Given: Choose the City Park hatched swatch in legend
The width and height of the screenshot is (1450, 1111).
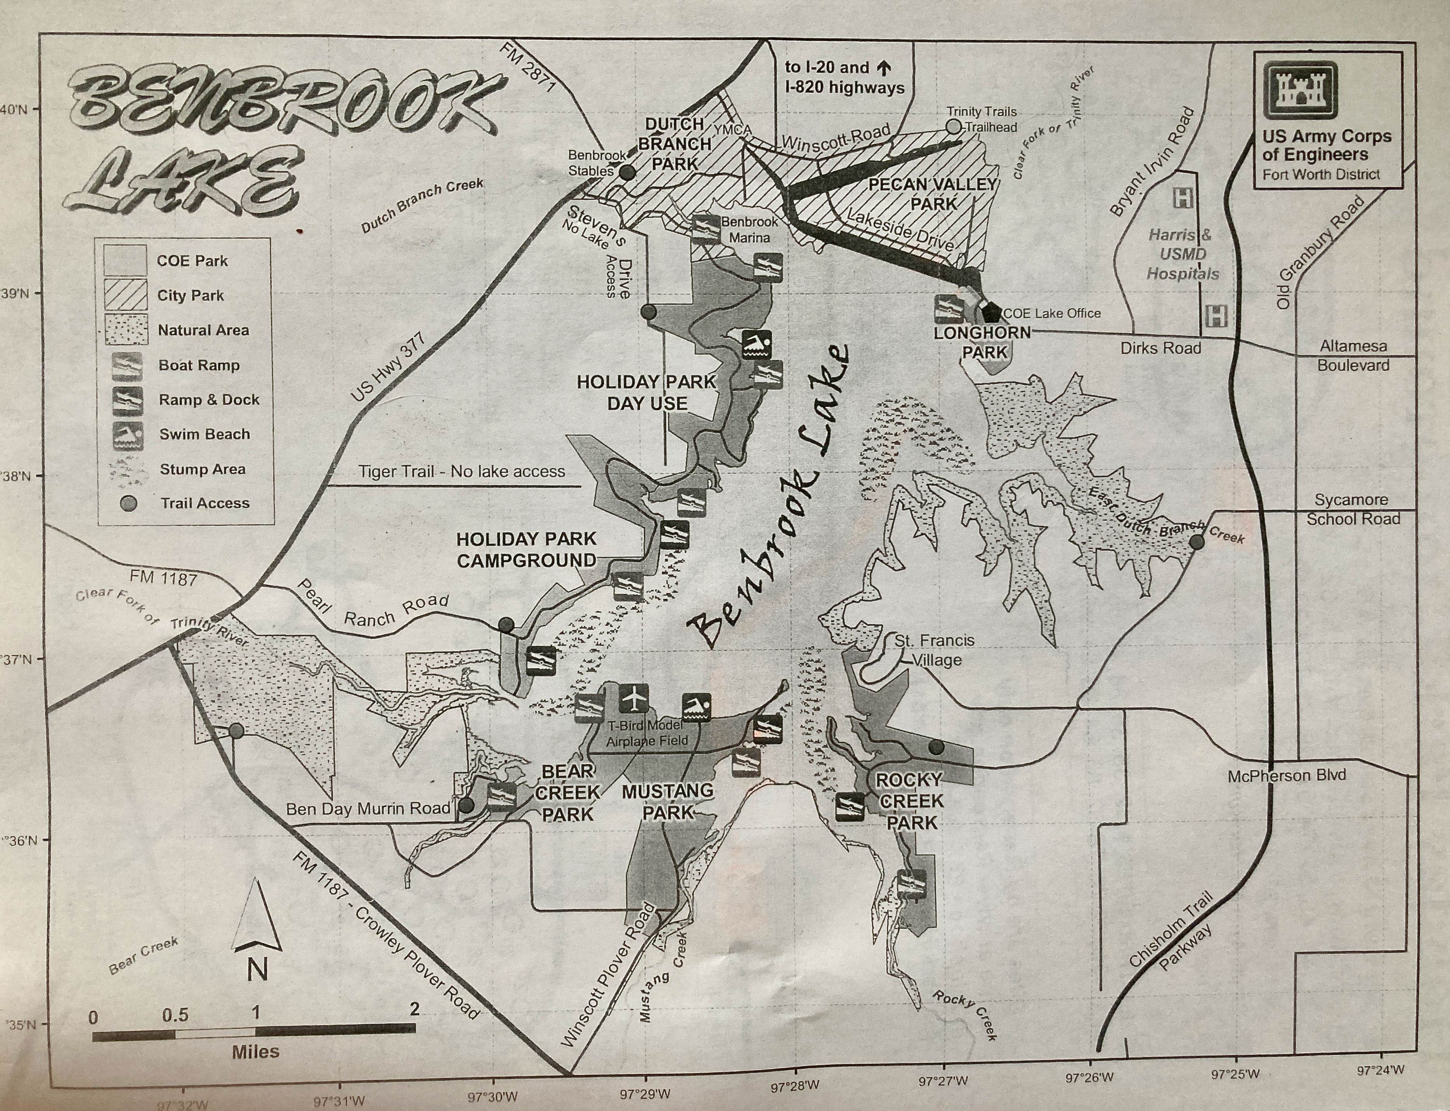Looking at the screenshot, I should click(126, 295).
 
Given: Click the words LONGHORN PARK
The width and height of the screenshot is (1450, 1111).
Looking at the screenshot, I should click(983, 342).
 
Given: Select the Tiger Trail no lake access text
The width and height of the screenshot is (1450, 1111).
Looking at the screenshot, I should click(461, 472).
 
